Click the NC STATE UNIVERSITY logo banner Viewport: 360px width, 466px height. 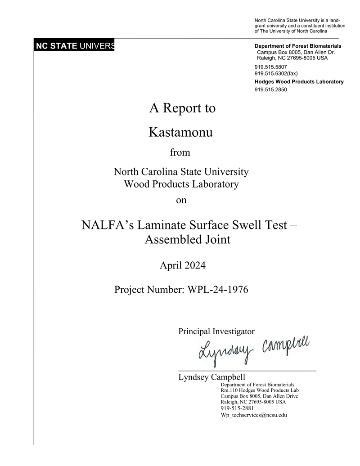[75, 46]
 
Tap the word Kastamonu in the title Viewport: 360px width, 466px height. [180, 133]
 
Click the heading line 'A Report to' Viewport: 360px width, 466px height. [182, 108]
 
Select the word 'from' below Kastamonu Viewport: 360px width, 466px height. [180, 152]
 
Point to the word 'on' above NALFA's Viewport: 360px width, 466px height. [181, 201]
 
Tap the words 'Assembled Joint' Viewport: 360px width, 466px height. [187, 240]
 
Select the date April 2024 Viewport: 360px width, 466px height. [183, 266]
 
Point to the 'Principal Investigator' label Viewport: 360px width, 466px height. [216, 332]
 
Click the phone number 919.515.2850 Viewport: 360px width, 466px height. [270, 90]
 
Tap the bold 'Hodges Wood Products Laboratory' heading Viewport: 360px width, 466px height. [299, 82]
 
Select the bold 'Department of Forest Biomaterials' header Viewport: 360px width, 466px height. [298, 46]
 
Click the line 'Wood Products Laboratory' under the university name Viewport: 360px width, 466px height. [181, 184]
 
